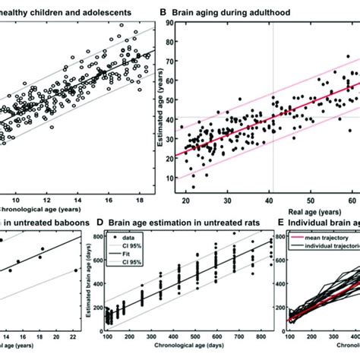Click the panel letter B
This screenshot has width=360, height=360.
(163, 13)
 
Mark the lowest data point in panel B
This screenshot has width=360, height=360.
(192, 186)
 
